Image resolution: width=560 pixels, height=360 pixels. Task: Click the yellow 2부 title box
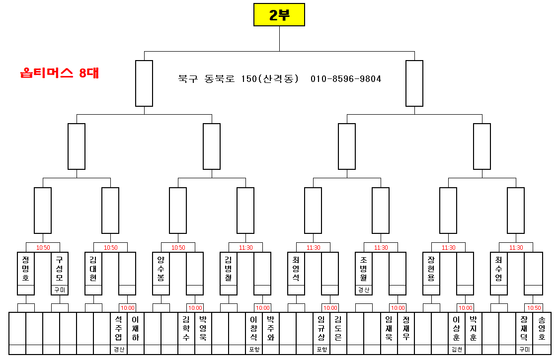click(279, 15)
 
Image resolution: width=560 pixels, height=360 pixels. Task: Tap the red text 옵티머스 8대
click(60, 73)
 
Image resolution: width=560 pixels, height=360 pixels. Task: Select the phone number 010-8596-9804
click(346, 79)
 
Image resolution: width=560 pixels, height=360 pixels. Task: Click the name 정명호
click(26, 269)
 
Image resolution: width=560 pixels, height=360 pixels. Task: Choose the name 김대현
click(93, 269)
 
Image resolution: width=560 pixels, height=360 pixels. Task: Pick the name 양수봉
click(161, 269)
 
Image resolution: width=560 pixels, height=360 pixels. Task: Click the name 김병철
click(229, 269)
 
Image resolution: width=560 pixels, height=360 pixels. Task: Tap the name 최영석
click(296, 269)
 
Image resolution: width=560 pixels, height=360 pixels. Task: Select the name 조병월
click(364, 269)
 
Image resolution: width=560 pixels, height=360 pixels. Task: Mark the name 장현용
click(431, 269)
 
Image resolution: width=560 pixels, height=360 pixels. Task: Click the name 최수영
click(499, 269)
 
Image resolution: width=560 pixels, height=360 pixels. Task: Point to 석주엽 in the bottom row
click(119, 328)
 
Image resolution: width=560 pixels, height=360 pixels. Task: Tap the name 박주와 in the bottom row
click(271, 328)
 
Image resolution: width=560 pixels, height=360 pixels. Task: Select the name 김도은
click(338, 328)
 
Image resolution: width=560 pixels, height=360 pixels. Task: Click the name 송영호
click(541, 328)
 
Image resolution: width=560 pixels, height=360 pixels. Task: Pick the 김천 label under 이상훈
click(457, 350)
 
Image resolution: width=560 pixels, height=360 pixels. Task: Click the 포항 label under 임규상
click(321, 350)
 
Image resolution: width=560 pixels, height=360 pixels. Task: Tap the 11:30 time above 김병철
click(245, 247)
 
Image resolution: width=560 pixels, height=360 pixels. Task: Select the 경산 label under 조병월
click(364, 290)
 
